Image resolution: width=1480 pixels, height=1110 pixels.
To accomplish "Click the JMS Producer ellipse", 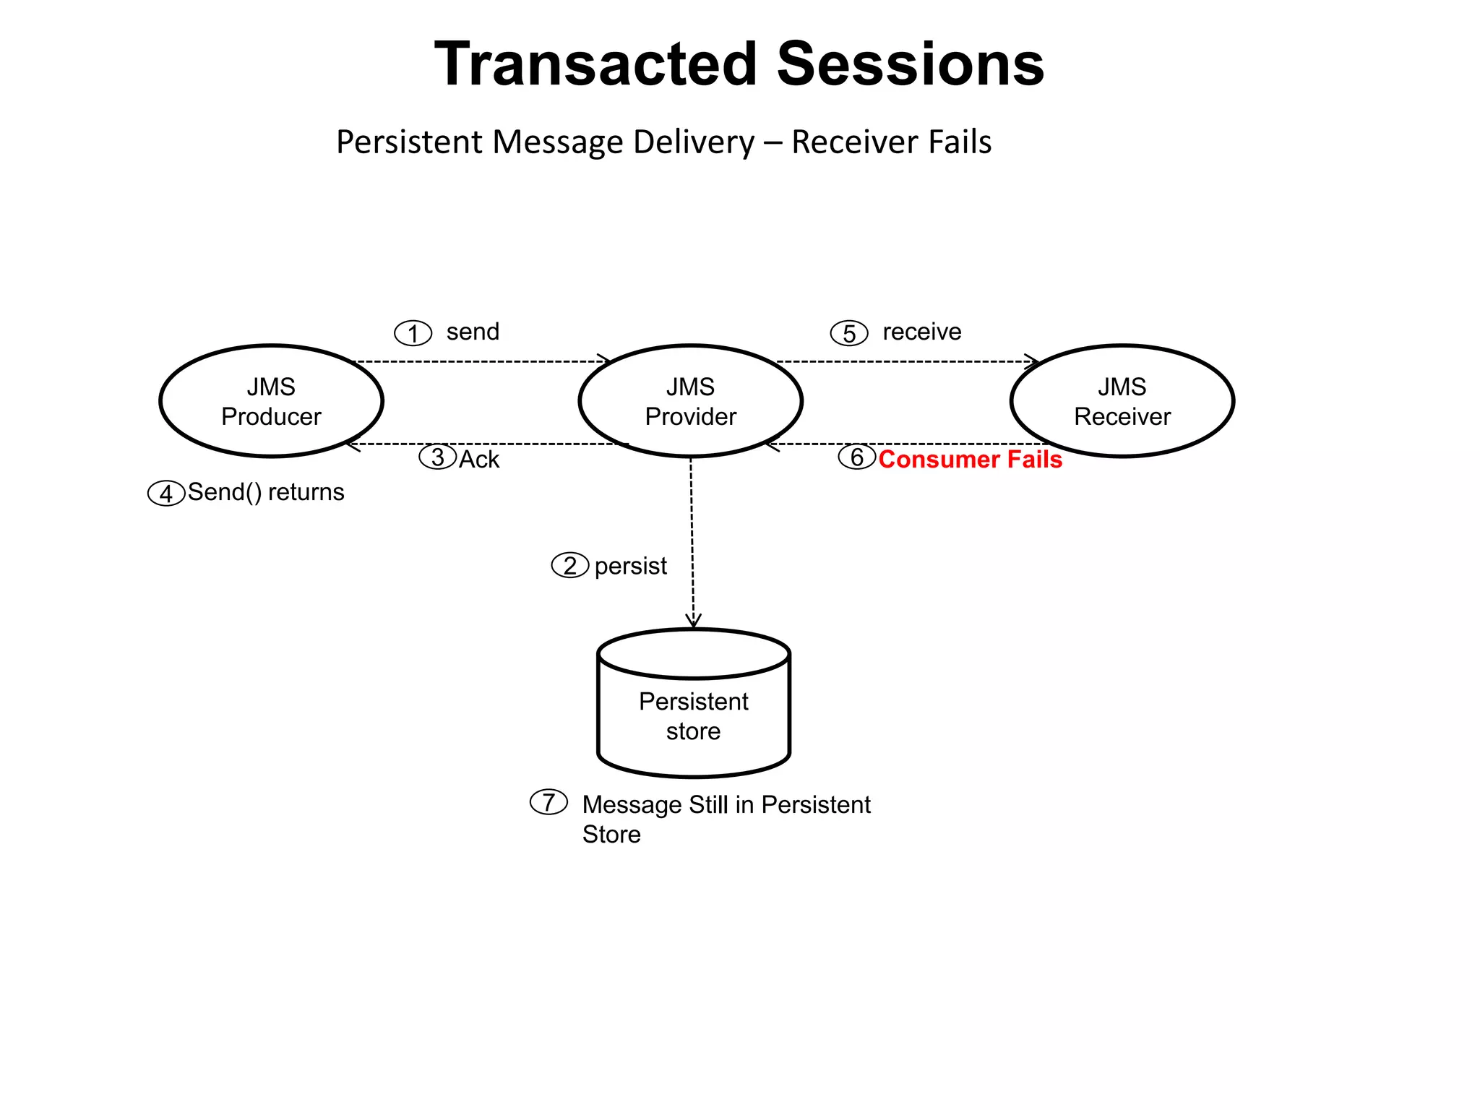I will coord(271,401).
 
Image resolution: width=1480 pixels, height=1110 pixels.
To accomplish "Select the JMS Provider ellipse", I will coord(690,401).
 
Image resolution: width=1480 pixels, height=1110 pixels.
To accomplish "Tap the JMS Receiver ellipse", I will coord(1122,401).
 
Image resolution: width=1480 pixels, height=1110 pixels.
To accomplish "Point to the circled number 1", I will coord(413,333).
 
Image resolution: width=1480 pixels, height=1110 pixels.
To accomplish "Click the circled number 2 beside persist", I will coord(570,565).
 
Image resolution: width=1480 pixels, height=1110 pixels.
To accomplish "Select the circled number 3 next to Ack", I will coord(438,457).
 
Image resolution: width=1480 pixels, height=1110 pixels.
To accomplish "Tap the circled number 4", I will coord(166,494).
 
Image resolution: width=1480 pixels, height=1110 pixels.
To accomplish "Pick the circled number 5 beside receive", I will coord(849,333).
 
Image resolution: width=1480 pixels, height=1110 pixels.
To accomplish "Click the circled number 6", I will coord(857,457).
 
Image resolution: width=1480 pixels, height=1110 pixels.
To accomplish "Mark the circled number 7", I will coord(548,802).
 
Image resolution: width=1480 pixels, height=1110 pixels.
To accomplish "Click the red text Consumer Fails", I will coord(970,460).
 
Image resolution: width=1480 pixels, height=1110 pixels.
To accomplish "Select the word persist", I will coord(630,566).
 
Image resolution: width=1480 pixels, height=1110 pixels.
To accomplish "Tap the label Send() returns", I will coord(266,492).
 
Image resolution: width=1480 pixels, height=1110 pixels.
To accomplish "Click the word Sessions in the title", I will coord(910,64).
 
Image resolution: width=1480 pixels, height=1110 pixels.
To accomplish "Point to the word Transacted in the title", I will coord(596,64).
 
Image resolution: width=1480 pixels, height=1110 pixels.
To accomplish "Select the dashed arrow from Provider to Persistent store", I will coord(692,542).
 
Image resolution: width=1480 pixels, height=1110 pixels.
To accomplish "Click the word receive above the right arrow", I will coord(921,332).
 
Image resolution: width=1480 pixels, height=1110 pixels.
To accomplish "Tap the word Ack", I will coord(479,460).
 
